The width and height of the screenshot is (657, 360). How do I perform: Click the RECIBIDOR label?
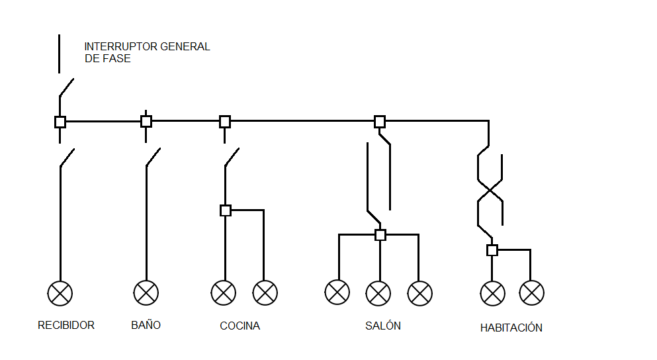click(x=66, y=326)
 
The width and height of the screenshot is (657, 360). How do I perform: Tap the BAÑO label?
click(x=146, y=325)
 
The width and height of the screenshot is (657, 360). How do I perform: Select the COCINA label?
click(x=240, y=326)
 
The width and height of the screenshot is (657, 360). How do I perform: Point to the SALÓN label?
click(x=383, y=326)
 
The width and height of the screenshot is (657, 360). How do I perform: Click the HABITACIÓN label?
click(x=511, y=328)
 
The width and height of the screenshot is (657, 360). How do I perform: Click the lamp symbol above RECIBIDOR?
click(x=60, y=292)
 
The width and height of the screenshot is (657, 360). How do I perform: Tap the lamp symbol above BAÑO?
click(x=146, y=292)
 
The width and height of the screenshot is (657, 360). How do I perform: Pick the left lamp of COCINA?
click(x=224, y=292)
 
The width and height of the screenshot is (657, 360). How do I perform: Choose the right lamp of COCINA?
click(x=265, y=292)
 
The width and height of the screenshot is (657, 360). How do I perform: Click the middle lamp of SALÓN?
click(x=378, y=292)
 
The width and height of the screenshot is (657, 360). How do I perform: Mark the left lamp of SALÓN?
click(x=337, y=292)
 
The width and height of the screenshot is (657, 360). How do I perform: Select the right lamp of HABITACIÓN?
click(x=532, y=292)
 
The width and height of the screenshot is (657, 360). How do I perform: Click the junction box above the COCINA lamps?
click(x=226, y=210)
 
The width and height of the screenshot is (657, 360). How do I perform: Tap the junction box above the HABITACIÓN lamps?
click(x=492, y=250)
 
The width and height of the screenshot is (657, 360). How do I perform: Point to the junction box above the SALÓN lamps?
click(x=380, y=235)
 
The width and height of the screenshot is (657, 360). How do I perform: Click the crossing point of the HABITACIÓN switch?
click(x=490, y=190)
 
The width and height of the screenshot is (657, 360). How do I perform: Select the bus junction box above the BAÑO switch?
click(x=146, y=121)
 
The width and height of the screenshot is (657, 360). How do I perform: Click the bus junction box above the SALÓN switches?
click(x=380, y=121)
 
